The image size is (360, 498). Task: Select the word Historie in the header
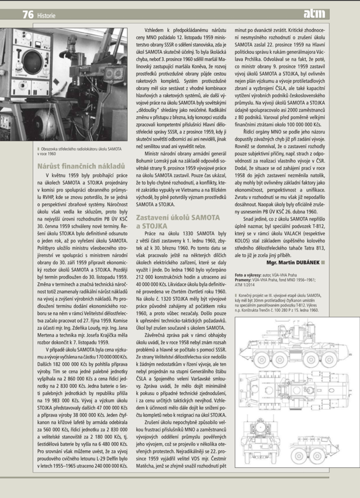[x=47, y=16]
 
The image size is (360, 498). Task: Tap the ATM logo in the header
[x=316, y=15]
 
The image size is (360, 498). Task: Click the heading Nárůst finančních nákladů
[x=81, y=166]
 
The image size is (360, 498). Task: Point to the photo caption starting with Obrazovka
[x=81, y=150]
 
